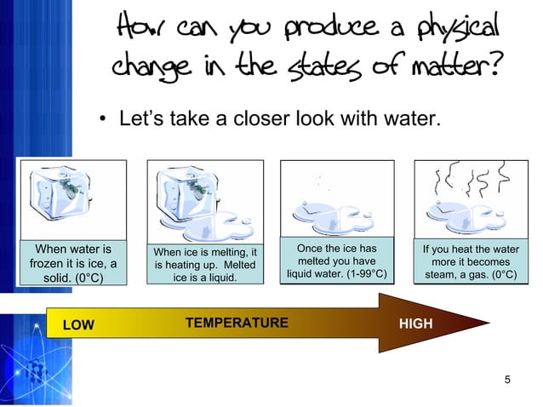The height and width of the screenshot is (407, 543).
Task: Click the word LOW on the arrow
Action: point(77,324)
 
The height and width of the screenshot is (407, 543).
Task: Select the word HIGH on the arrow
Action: point(416,324)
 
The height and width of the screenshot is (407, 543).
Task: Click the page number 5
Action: point(507,379)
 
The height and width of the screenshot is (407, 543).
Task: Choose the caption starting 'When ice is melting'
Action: point(203,264)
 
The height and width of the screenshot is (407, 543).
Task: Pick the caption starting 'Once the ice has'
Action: point(337,261)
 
